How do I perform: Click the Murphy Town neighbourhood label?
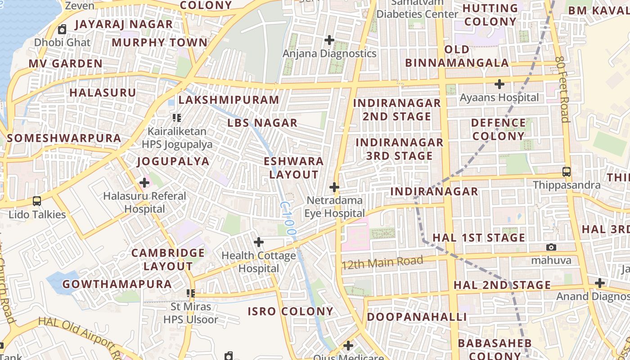click(x=159, y=43)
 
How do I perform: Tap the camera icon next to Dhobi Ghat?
click(x=62, y=30)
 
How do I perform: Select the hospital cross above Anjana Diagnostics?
click(x=329, y=40)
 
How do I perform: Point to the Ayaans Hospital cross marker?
click(x=499, y=84)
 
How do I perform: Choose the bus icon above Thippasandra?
click(x=567, y=172)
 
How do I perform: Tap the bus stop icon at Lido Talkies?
click(x=37, y=201)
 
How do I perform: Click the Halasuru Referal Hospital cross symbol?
click(x=144, y=183)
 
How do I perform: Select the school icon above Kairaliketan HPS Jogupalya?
click(x=177, y=118)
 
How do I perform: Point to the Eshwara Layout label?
click(x=294, y=168)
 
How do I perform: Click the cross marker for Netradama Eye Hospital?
click(x=334, y=187)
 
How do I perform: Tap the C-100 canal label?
click(x=288, y=219)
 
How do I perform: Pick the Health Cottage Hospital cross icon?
click(x=259, y=242)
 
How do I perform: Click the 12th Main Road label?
click(x=382, y=262)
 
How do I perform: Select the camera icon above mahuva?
click(x=551, y=247)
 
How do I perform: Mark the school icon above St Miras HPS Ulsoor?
click(x=191, y=293)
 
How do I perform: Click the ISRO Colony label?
click(x=290, y=311)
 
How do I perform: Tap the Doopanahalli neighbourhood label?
click(x=417, y=317)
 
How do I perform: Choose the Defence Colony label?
click(x=498, y=130)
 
